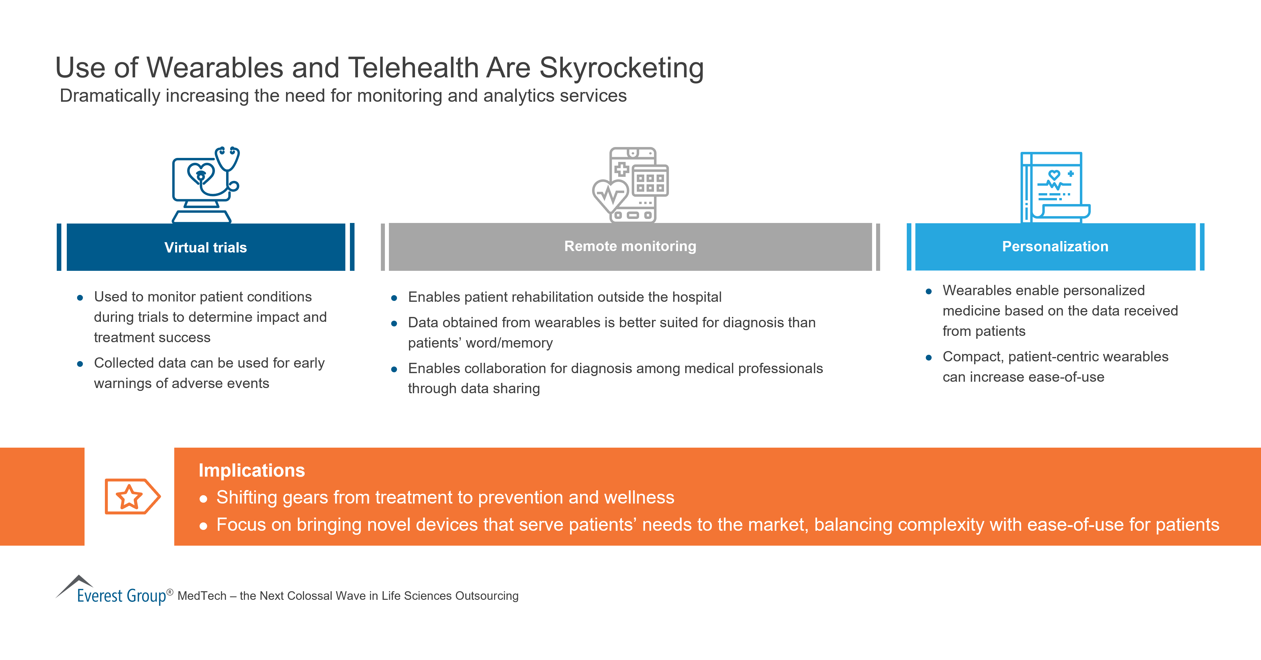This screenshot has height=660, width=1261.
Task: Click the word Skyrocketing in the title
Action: [x=621, y=68]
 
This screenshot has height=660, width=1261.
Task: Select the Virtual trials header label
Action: [x=205, y=247]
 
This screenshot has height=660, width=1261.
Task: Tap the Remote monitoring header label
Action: [x=630, y=246]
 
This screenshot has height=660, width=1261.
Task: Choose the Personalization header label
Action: [x=1055, y=246]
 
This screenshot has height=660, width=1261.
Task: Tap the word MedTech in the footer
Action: [x=202, y=596]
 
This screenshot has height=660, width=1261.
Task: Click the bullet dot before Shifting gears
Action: [x=204, y=499]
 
